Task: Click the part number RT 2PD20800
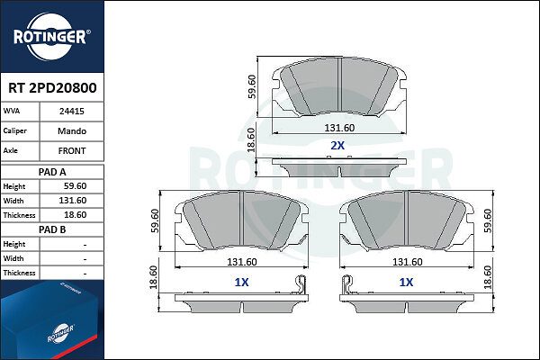(52, 88)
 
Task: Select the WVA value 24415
(72, 112)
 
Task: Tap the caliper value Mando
(72, 130)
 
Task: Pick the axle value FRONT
(72, 151)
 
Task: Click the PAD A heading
(52, 172)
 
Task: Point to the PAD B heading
(52, 229)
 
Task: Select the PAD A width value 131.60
(73, 201)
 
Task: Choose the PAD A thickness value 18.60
(75, 215)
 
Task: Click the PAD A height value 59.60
(75, 186)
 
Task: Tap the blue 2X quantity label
(337, 146)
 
